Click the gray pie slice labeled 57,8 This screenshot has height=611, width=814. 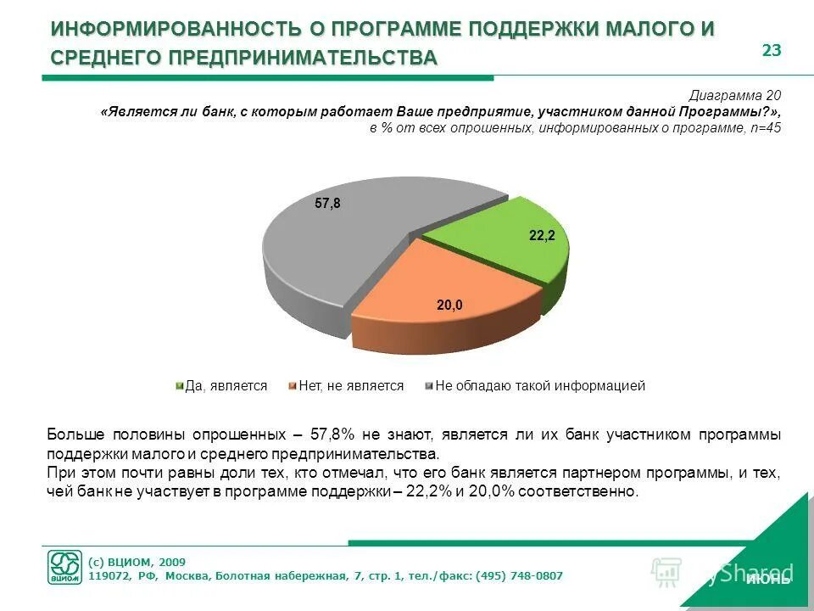(x=339, y=255)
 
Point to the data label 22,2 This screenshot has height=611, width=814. (x=542, y=236)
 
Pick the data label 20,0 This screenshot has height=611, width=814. (x=449, y=305)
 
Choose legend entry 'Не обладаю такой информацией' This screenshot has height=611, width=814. (x=539, y=386)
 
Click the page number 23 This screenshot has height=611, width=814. (x=771, y=50)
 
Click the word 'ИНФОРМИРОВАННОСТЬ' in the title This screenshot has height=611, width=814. (x=175, y=29)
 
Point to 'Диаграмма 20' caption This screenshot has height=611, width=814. (x=734, y=95)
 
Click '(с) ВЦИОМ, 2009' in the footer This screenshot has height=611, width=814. (x=137, y=562)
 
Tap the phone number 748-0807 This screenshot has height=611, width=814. (x=533, y=576)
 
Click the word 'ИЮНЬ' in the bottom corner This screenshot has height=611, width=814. (x=767, y=580)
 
